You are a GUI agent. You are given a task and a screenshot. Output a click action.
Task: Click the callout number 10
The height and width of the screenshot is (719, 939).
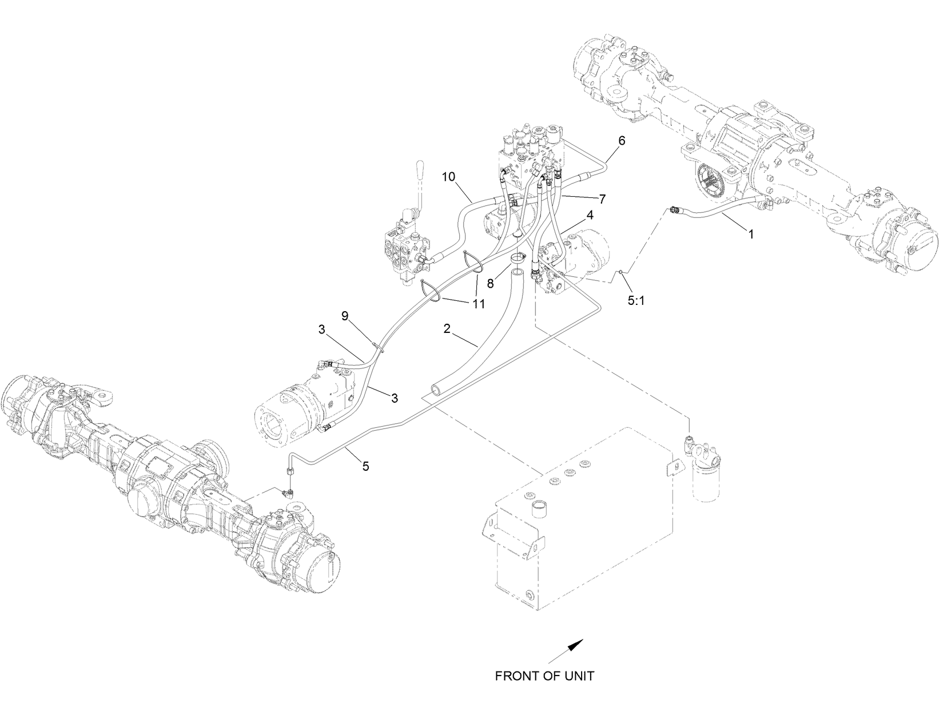pyautogui.click(x=448, y=177)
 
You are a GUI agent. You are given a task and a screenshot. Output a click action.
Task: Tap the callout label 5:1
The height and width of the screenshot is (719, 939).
pyautogui.click(x=636, y=300)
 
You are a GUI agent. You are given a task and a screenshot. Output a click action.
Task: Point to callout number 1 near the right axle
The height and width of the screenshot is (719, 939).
pyautogui.click(x=751, y=233)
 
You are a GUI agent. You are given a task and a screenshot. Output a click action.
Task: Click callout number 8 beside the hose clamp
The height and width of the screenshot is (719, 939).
pyautogui.click(x=491, y=282)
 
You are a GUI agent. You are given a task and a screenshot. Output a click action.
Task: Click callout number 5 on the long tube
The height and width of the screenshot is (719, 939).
pyautogui.click(x=365, y=466)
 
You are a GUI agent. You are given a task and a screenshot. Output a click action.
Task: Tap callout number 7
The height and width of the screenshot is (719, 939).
pyautogui.click(x=602, y=199)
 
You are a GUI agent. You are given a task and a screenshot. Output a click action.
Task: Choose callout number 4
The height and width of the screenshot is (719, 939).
pyautogui.click(x=589, y=216)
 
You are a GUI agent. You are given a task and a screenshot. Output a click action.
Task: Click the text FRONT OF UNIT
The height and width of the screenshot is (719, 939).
pyautogui.click(x=544, y=676)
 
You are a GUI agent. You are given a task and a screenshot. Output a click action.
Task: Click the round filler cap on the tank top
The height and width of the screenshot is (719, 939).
pyautogui.click(x=539, y=508)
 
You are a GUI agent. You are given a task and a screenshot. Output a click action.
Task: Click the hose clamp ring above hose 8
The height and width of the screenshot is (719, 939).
pyautogui.click(x=516, y=259)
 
